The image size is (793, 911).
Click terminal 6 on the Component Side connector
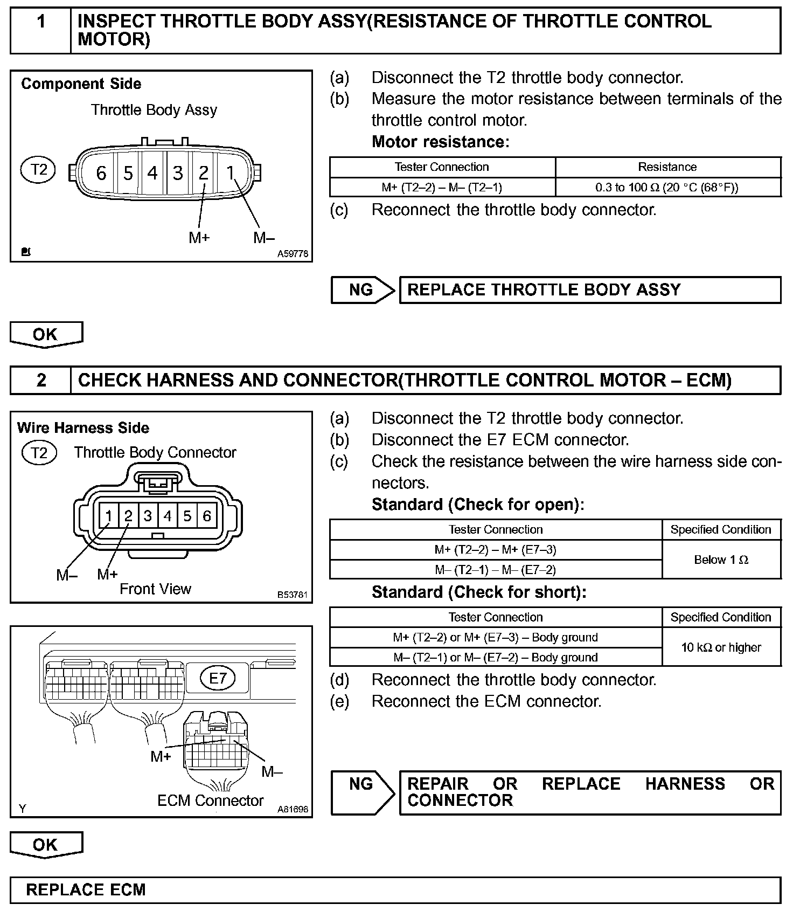(101, 173)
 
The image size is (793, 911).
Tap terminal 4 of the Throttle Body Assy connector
(152, 173)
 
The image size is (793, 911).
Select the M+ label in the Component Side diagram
(199, 237)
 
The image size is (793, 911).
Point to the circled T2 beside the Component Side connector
(38, 170)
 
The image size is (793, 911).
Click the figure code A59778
(293, 254)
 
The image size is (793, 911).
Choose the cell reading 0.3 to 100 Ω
(667, 188)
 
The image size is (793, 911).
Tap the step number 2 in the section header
(41, 381)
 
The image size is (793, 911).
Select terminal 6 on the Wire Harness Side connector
(207, 516)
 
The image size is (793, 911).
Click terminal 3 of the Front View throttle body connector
(148, 516)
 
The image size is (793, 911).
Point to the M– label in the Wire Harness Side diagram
(67, 575)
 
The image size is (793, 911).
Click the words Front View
(155, 589)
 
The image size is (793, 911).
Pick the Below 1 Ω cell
(721, 560)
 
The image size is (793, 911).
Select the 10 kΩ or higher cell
(721, 647)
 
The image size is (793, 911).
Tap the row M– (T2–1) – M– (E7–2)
(495, 570)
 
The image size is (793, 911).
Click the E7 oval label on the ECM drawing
(218, 678)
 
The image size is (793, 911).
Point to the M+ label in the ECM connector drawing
(161, 756)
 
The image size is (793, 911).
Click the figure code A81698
(293, 809)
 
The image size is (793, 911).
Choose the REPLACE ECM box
(395, 889)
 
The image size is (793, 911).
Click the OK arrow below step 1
(46, 334)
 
